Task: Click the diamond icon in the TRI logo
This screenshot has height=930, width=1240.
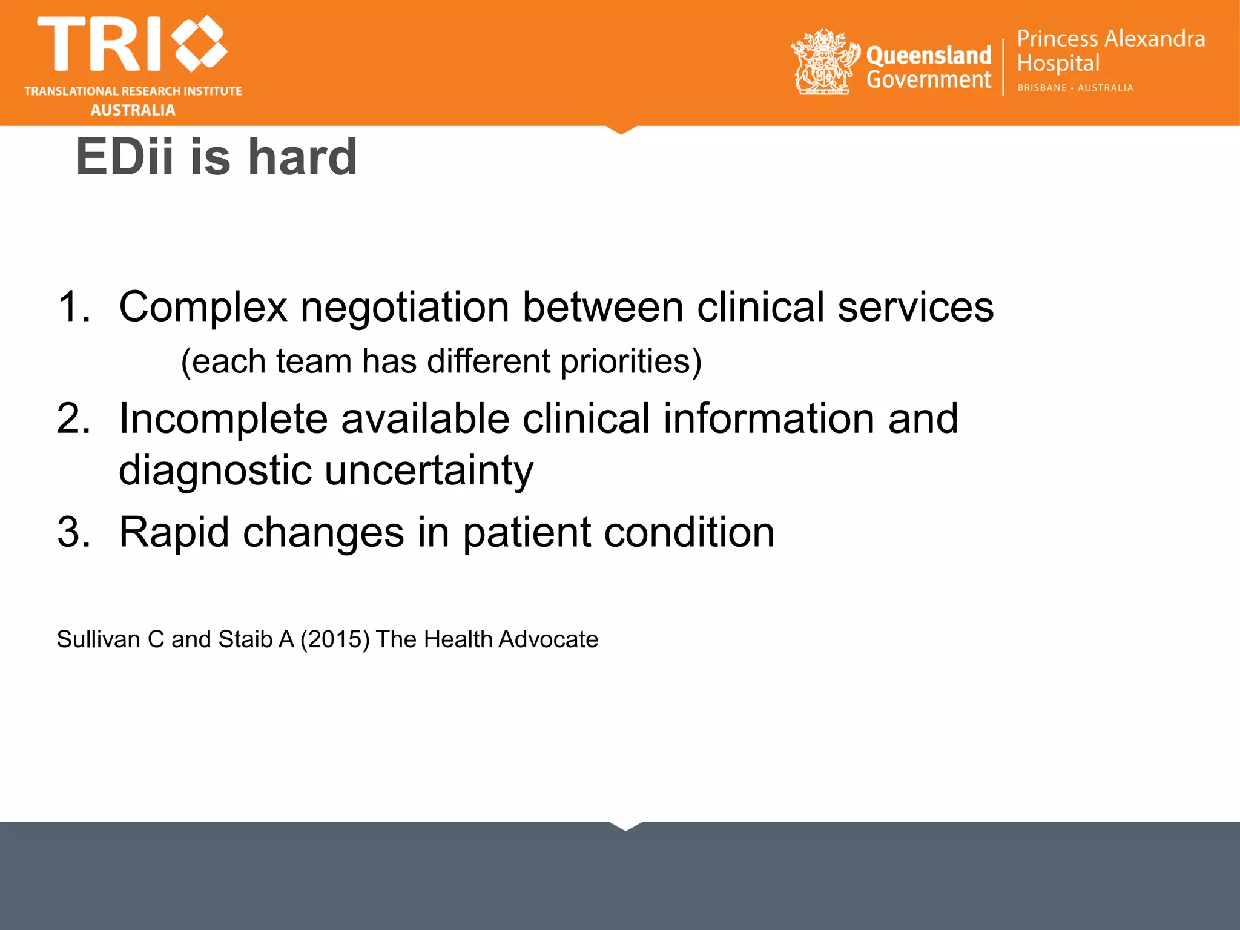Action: [200, 44]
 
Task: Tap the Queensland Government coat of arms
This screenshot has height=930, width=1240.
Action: [824, 62]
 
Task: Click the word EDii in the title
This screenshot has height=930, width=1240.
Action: [125, 157]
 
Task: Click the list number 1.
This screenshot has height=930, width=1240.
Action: [73, 306]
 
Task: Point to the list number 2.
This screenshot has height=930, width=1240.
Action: [73, 418]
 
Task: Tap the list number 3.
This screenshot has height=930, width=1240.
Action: [73, 532]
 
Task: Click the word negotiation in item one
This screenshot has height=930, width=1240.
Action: [404, 306]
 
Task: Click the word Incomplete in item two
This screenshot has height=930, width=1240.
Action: [223, 418]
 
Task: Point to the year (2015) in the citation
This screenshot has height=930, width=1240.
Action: [335, 639]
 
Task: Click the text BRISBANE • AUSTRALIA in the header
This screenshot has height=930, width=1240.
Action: [1075, 88]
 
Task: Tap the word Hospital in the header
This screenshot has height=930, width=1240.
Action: [1058, 64]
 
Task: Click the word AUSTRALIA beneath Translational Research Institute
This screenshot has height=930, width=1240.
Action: [133, 110]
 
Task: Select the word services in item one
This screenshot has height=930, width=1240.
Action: [915, 306]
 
